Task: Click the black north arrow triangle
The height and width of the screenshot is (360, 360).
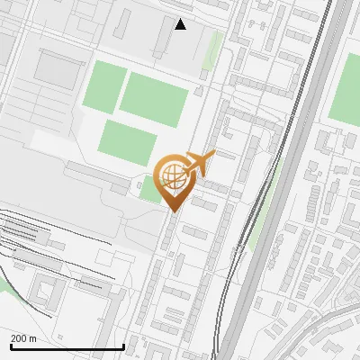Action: coord(181,24)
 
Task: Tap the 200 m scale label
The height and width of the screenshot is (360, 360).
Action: coord(24,339)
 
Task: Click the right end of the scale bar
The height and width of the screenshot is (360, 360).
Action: coord(123,346)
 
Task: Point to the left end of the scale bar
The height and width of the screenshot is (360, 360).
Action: coord(11,346)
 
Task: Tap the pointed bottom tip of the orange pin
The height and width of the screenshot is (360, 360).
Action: coord(172,211)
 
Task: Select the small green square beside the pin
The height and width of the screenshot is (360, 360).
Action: coord(149,189)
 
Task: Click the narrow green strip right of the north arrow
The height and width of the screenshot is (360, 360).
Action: coord(212,49)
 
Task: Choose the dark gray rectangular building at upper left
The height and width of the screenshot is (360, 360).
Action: coord(58,69)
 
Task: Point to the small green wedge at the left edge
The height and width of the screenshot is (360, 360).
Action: coord(4,283)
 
